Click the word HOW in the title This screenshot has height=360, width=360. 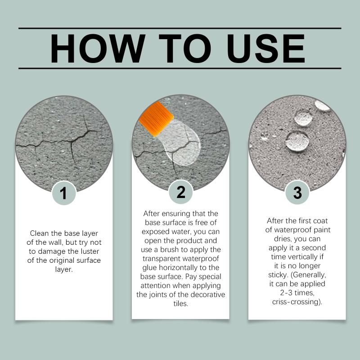tap(98, 49)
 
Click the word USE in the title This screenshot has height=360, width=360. tap(266, 49)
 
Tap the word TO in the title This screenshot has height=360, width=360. tap(185, 49)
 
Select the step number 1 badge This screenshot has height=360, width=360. tap(64, 193)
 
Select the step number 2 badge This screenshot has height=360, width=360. tap(181, 192)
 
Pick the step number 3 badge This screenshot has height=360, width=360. tap(297, 193)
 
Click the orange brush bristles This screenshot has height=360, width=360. tap(156, 119)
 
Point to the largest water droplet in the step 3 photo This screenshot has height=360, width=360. tap(297, 141)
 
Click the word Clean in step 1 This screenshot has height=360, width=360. tap(40, 233)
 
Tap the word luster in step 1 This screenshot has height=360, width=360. tap(89, 252)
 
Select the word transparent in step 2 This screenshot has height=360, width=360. tap(158, 259)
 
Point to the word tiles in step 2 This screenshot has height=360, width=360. tap(181, 303)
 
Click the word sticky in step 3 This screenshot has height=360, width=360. tap(278, 275)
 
